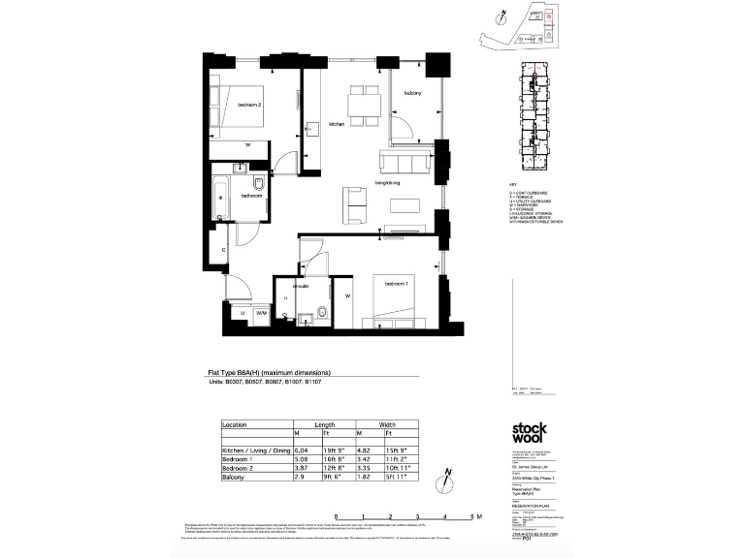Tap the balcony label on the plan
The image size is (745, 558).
[x=412, y=93]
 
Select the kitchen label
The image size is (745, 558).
[x=337, y=125]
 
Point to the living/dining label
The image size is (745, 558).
[x=388, y=182]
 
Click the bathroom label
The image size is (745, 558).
[x=252, y=196]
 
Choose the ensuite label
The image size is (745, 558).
[x=302, y=287]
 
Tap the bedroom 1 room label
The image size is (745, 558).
[x=396, y=283]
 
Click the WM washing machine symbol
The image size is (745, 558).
[x=261, y=314]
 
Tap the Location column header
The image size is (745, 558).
[x=235, y=425]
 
